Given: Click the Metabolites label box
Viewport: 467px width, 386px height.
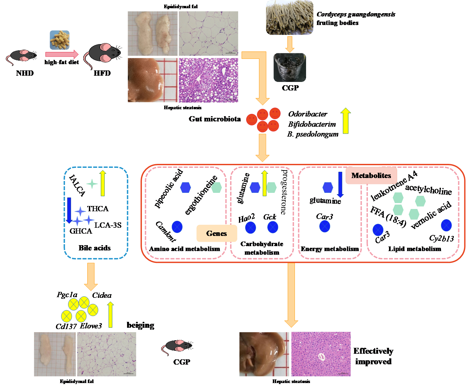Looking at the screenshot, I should point(371,176).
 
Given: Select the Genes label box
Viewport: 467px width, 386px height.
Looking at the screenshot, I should point(217,233).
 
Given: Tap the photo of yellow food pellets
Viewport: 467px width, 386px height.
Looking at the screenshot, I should point(60,40).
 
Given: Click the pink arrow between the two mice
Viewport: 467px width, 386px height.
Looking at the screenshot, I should point(62,54).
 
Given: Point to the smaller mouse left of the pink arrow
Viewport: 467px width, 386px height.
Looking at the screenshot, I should point(22,56).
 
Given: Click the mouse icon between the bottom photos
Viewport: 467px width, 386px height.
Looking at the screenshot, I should point(177,347).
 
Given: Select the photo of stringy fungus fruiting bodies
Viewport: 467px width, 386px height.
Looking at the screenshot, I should point(289,17).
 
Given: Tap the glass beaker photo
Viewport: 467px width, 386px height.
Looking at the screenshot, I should point(290,67).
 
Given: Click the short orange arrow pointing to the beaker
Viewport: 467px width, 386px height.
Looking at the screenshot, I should point(290,44).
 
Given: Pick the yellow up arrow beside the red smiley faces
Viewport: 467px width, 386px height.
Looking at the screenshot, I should point(346,121).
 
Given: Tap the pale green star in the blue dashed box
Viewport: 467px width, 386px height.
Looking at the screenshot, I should point(92,184).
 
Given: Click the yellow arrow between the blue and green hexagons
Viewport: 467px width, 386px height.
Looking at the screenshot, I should point(264,183).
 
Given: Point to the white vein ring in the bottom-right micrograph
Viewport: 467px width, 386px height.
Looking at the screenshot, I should point(321,356).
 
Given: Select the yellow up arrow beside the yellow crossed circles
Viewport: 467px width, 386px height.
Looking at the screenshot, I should point(111,315).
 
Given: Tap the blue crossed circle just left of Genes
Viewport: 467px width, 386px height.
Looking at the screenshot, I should point(177,227).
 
